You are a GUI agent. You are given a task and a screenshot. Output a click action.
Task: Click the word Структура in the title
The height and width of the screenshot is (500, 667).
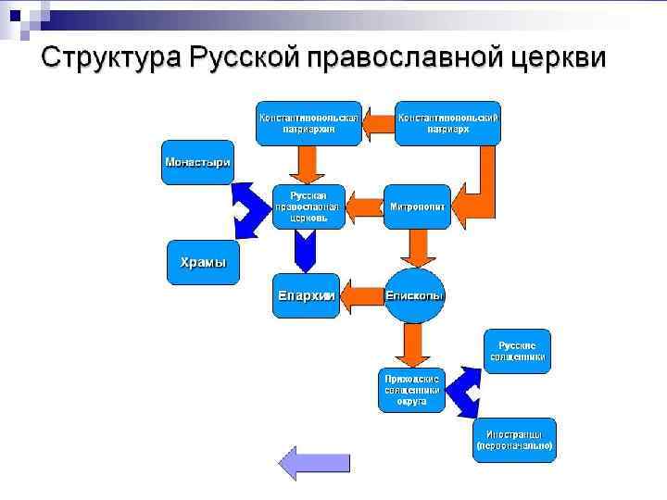pos(110,56)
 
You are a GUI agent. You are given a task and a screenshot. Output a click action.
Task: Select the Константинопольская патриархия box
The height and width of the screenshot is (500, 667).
pos(309,122)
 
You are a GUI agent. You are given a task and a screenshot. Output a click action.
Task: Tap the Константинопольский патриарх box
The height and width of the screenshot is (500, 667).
pos(447,122)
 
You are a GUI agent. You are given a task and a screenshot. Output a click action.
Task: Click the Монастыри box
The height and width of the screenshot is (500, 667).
pos(197,161)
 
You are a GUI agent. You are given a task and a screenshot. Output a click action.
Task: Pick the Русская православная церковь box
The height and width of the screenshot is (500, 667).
pos(308,206)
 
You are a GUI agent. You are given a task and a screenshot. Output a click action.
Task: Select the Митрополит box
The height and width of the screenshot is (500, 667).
pos(417,206)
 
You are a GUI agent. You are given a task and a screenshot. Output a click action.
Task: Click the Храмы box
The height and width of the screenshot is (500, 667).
pos(202,262)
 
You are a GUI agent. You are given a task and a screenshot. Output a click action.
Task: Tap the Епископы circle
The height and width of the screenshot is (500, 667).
pos(414,295)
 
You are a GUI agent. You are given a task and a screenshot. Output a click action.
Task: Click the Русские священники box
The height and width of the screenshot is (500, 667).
pos(517,350)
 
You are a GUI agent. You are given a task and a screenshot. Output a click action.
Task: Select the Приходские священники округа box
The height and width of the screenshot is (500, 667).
pos(413,390)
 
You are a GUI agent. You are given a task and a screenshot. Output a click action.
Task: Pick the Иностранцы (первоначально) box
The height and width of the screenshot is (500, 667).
pos(514,439)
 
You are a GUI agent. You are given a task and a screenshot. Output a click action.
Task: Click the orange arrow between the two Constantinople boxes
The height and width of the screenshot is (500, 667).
pos(378,122)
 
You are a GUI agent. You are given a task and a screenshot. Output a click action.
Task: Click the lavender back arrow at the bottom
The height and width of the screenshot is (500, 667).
pos(301,461)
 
